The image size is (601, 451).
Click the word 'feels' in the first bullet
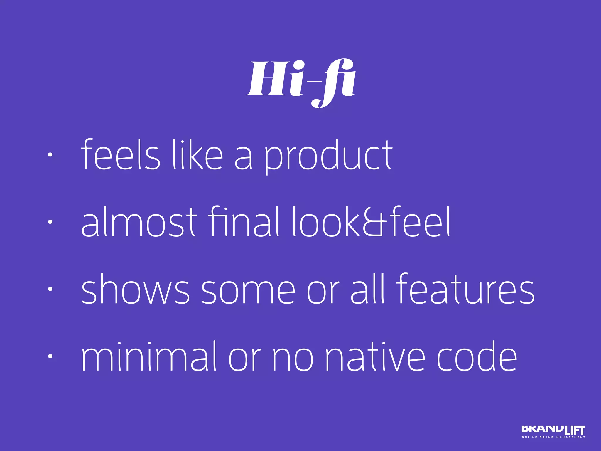pyautogui.click(x=121, y=154)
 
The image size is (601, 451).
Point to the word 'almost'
pyautogui.click(x=139, y=222)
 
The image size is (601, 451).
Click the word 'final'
pyautogui.click(x=244, y=222)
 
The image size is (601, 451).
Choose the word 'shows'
pyautogui.click(x=135, y=289)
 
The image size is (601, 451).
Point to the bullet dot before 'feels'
pyautogui.click(x=50, y=155)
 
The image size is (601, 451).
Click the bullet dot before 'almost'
pyautogui.click(x=50, y=222)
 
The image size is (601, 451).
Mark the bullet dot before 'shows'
pyautogui.click(x=50, y=289)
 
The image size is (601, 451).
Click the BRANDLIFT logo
pyautogui.click(x=553, y=430)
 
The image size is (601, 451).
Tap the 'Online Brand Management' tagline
pyautogui.click(x=553, y=437)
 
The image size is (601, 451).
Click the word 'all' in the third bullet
pyautogui.click(x=367, y=289)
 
